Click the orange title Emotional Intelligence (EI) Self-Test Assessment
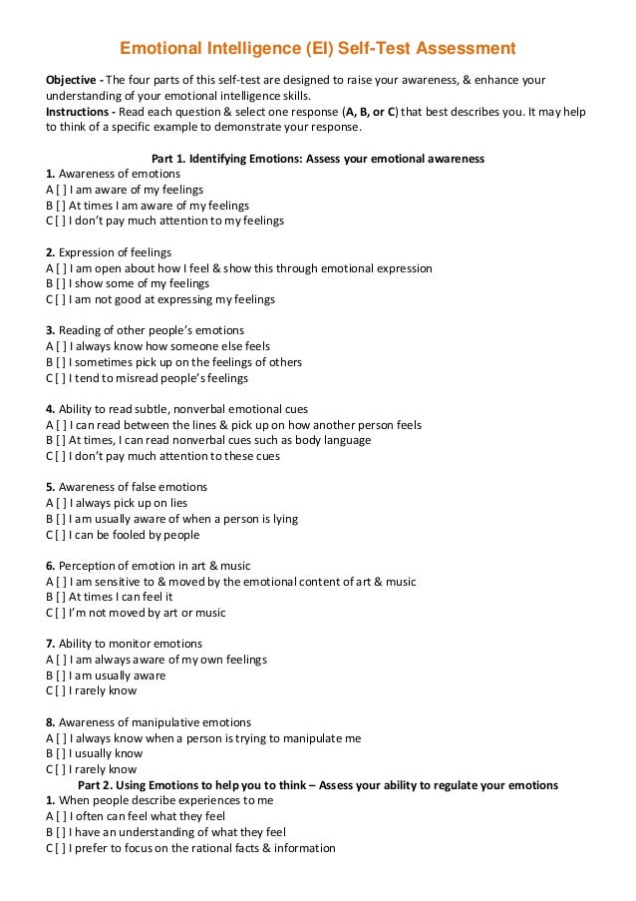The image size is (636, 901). pos(318,47)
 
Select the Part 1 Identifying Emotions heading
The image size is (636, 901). pos(317,158)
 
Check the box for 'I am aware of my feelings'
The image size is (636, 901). pos(62,189)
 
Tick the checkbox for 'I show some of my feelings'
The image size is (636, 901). pos(62,283)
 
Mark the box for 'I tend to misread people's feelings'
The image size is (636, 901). pos(62,378)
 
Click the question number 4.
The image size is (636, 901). pos(51,409)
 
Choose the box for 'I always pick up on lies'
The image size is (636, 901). pos(62,503)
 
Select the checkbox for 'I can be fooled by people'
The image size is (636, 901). pos(62,535)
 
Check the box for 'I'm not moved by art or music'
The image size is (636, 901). pos(62,613)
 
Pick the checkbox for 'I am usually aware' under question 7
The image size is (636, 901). pos(62,676)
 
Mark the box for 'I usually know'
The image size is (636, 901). pos(62,754)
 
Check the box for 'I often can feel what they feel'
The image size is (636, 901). pos(62,816)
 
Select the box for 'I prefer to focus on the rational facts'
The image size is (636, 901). pos(62,848)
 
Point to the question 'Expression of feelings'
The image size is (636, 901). pos(115,251)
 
